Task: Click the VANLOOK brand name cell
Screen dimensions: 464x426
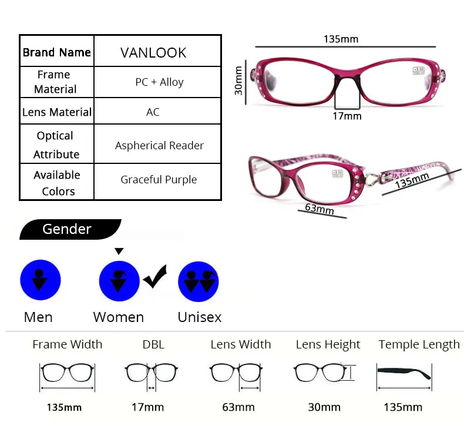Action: (153, 52)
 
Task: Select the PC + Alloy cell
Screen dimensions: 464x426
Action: (159, 82)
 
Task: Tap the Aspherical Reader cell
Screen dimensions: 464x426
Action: (159, 145)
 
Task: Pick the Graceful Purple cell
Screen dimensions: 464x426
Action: (159, 180)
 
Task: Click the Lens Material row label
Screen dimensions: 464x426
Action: (57, 112)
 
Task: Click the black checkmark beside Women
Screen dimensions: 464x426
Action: (154, 276)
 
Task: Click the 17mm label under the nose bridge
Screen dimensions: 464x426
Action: (347, 116)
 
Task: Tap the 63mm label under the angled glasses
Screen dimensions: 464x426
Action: (320, 209)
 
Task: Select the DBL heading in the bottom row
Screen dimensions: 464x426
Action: (153, 345)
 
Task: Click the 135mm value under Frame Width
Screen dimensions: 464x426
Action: (65, 407)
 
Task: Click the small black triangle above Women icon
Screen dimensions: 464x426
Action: (119, 251)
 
